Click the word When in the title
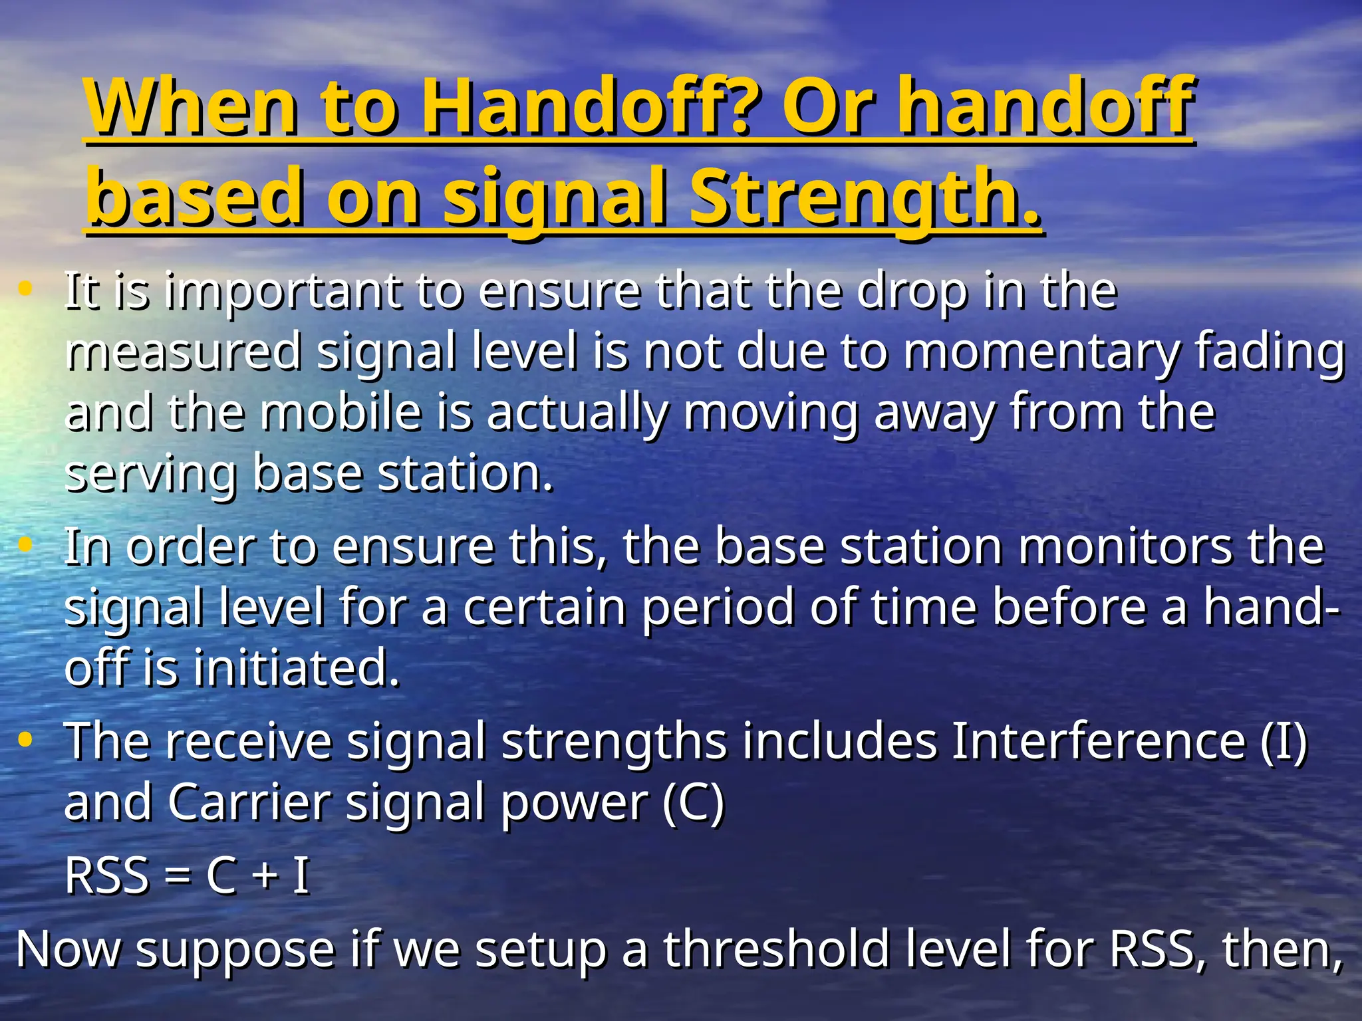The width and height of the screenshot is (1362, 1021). (x=192, y=106)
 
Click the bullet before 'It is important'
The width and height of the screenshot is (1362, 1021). (x=25, y=288)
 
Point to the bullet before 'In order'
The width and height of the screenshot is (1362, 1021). (x=25, y=545)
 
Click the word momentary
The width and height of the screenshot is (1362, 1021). (x=1041, y=352)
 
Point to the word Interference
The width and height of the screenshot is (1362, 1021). (x=1098, y=740)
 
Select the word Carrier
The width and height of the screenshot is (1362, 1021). (x=249, y=802)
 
